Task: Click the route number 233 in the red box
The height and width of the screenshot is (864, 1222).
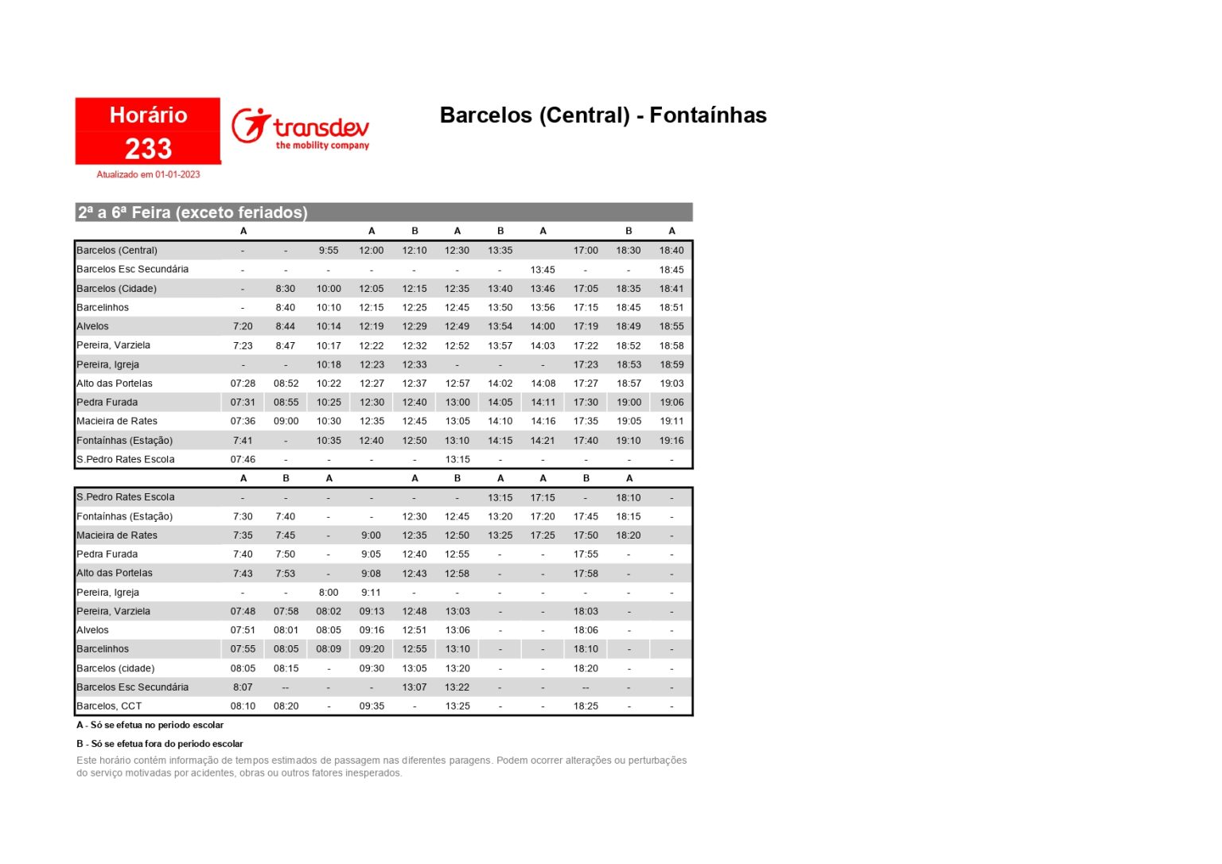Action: (148, 149)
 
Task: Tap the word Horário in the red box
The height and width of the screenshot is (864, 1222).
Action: (148, 115)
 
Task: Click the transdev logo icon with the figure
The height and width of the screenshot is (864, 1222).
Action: (251, 126)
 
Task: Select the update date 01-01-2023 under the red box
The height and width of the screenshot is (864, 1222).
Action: (177, 174)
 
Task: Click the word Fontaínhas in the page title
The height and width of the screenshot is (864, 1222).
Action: (707, 115)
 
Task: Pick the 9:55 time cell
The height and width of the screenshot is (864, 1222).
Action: (329, 251)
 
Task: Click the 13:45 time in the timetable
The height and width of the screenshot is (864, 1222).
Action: (543, 270)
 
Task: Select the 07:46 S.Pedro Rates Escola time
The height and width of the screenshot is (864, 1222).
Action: (243, 459)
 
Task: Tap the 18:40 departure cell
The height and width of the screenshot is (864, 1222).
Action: (671, 251)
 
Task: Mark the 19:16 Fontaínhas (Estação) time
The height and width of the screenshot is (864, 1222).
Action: (671, 441)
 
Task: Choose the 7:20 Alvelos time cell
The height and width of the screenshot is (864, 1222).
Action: (243, 326)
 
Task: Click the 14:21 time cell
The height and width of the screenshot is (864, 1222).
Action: (543, 441)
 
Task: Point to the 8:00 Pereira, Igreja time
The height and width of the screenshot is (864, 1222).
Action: (329, 593)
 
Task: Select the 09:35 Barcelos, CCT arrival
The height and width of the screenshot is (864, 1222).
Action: (372, 706)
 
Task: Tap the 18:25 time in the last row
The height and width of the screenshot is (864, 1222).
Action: (586, 706)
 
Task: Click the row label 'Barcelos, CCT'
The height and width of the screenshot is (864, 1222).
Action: (109, 706)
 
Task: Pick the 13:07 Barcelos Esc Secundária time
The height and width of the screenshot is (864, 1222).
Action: (414, 687)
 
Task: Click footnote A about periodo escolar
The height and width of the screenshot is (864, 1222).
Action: (150, 726)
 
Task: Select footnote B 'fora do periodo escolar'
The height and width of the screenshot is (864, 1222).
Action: (160, 744)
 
